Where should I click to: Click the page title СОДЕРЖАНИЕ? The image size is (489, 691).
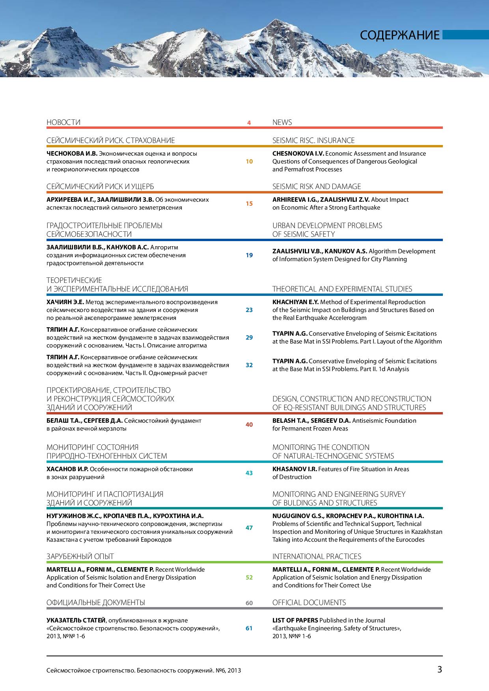point(399,35)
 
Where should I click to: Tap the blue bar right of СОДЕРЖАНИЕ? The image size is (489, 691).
point(465,35)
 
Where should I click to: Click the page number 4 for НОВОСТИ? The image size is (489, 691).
point(249,123)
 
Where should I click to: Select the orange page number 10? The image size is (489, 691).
point(249,161)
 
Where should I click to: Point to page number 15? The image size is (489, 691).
point(249,203)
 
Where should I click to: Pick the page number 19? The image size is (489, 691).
point(249,255)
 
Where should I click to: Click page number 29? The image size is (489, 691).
point(249,337)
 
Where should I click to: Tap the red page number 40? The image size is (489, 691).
point(249,424)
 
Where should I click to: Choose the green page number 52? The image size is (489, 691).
point(249,577)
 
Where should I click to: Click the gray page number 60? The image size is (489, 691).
point(249,603)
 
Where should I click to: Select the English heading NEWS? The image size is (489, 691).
point(282,122)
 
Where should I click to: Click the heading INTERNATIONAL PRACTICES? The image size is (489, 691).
point(317,556)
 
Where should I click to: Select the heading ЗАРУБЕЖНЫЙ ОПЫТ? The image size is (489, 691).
point(80,556)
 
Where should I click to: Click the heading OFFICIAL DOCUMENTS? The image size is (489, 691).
point(309,602)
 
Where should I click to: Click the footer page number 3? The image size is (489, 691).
point(439,669)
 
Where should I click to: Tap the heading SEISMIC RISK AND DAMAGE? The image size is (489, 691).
point(316,186)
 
